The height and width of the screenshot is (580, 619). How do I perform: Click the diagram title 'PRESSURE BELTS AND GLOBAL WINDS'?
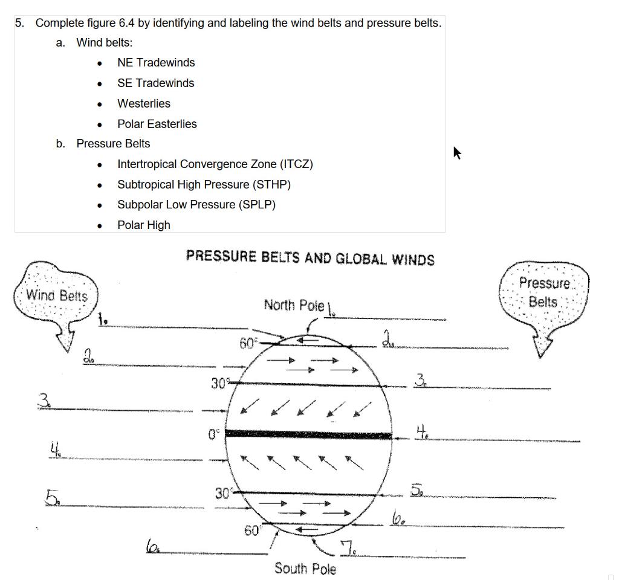(x=310, y=258)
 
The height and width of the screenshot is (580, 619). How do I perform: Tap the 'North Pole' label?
(x=294, y=305)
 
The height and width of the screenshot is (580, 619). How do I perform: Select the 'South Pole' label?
(x=305, y=569)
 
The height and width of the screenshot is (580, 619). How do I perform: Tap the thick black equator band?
(x=308, y=434)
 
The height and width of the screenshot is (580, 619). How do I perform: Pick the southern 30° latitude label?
(x=223, y=494)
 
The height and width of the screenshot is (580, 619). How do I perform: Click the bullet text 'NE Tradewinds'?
(x=156, y=63)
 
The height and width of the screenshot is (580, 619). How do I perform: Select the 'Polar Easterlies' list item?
(x=157, y=124)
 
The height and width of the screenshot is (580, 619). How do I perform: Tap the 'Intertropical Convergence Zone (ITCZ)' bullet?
(x=215, y=164)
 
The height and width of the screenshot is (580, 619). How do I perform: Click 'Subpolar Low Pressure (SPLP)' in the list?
(x=196, y=205)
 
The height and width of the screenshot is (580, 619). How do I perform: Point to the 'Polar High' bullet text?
(x=144, y=225)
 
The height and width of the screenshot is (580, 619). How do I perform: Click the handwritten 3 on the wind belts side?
(x=44, y=401)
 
